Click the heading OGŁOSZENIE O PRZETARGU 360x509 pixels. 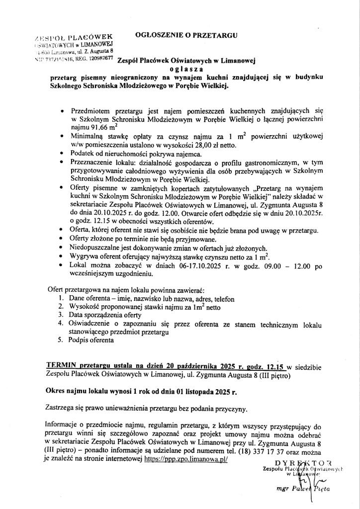pyautogui.click(x=186, y=35)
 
